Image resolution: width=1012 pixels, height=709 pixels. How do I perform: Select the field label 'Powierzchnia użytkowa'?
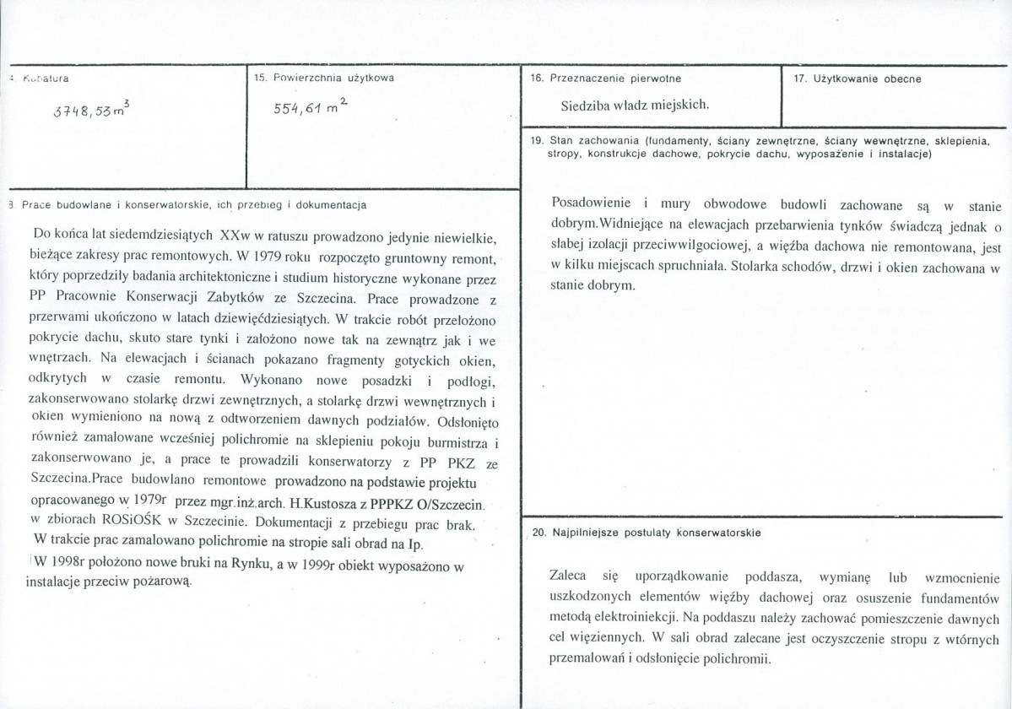point(330,78)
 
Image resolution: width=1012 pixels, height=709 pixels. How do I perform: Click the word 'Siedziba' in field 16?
point(587,106)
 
